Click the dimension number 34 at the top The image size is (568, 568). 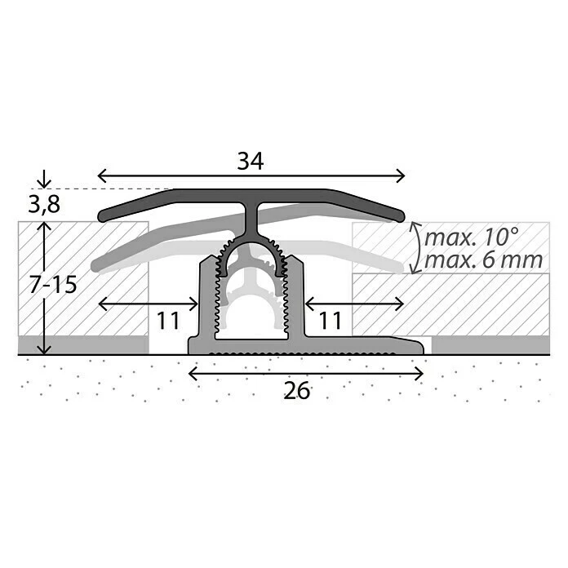coord(251,162)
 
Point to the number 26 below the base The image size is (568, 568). coord(298,391)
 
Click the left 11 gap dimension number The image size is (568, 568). coord(168,321)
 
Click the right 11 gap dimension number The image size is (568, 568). coord(330,321)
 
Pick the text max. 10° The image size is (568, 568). coord(472,237)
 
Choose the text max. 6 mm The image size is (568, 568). coord(478,261)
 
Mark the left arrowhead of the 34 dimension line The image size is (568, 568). coord(101,175)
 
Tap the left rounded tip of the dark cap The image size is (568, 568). coord(103,216)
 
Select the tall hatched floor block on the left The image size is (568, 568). coord(82,277)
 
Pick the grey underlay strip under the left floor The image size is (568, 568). coord(82,344)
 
